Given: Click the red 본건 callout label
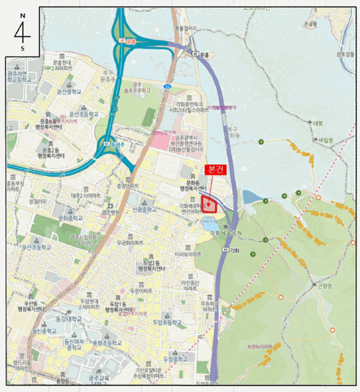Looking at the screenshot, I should pyautogui.click(x=216, y=169).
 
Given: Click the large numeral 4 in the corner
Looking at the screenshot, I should pyautogui.click(x=23, y=33).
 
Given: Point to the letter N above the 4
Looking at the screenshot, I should pyautogui.click(x=22, y=16).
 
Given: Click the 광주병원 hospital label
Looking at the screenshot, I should pyautogui.click(x=111, y=213).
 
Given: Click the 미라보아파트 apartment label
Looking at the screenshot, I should pyautogui.click(x=188, y=253).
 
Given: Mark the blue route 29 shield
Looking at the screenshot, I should pyautogui.click(x=167, y=86).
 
